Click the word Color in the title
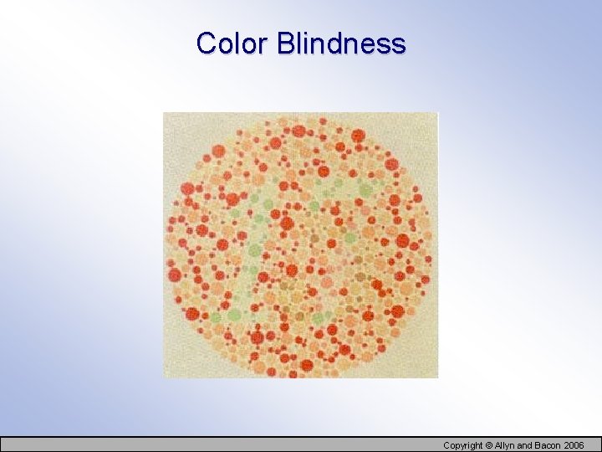(x=232, y=43)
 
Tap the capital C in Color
(x=206, y=43)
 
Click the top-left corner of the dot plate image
(x=163, y=113)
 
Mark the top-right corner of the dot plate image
(x=437, y=113)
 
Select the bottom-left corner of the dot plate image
(x=163, y=378)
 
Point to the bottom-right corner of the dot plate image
(x=437, y=378)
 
